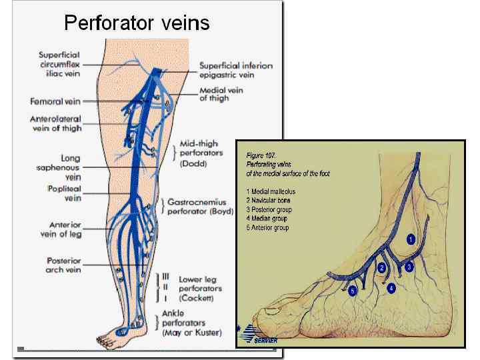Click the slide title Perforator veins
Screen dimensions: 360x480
pyautogui.click(x=137, y=23)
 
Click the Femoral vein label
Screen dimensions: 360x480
pyautogui.click(x=55, y=102)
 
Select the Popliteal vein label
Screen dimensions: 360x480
pyautogui.click(x=64, y=193)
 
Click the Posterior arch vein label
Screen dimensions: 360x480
pyautogui.click(x=64, y=265)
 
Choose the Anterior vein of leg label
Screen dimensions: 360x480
pyautogui.click(x=65, y=229)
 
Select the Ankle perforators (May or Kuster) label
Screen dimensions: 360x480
pyautogui.click(x=193, y=323)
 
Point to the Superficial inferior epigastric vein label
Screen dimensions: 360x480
pyautogui.click(x=236, y=70)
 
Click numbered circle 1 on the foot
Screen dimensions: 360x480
pyautogui.click(x=411, y=239)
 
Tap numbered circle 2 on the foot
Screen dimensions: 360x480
pyautogui.click(x=382, y=267)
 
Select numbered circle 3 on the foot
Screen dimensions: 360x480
pyautogui.click(x=409, y=266)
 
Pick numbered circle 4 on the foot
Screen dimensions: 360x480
pyautogui.click(x=391, y=288)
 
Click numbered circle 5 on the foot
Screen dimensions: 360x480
pyautogui.click(x=353, y=291)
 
